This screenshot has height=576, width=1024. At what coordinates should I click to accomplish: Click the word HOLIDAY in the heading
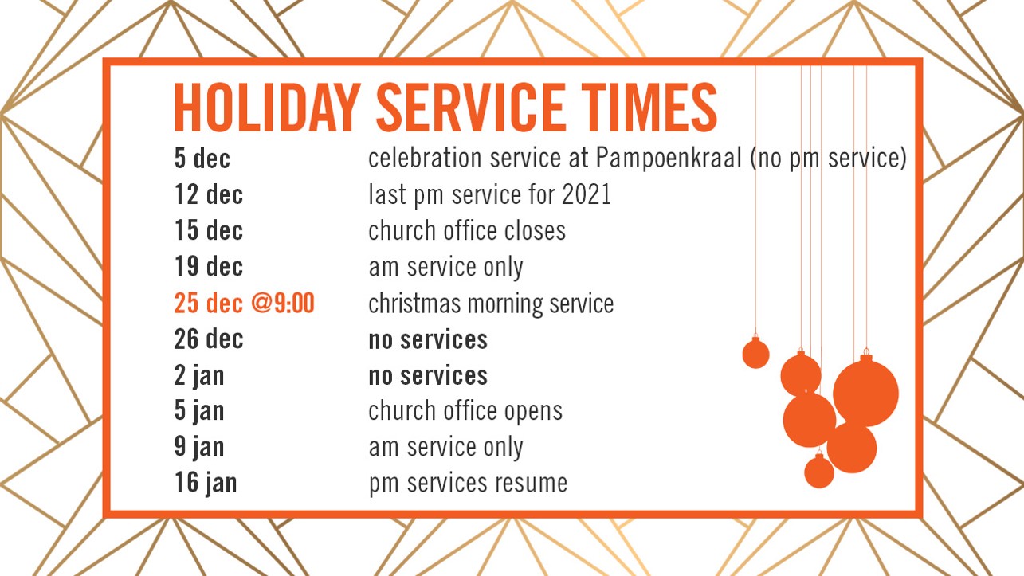[x=268, y=108]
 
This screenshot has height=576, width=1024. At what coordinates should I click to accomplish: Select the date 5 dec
[x=202, y=159]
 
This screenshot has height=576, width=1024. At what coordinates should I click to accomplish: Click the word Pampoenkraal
[x=669, y=159]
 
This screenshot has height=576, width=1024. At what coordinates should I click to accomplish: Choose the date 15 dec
[x=209, y=230]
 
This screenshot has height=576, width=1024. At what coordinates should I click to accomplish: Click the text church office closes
[x=467, y=230]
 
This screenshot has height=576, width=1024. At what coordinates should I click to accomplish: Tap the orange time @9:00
[x=283, y=303]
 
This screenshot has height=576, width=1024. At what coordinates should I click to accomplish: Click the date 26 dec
[x=209, y=339]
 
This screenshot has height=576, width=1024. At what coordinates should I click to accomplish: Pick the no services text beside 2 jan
[x=428, y=376]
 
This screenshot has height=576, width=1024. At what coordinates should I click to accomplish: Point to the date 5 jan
[x=199, y=411]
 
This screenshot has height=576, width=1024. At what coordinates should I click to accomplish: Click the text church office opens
[x=465, y=411]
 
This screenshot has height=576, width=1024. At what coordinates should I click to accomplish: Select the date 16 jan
[x=206, y=484]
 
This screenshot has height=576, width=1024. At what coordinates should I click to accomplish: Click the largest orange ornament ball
[x=866, y=392]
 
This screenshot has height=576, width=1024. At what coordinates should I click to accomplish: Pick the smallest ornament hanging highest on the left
[x=755, y=352]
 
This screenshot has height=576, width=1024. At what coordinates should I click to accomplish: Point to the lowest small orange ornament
[x=818, y=471]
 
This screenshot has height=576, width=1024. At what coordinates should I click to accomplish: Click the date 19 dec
[x=209, y=267]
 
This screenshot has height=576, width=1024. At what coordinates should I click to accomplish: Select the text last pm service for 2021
[x=489, y=195]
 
